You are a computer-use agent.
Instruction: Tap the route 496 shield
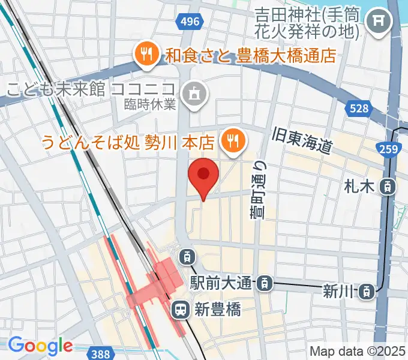[189, 22]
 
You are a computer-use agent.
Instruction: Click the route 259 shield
[388, 149]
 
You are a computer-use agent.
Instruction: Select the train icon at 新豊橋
[179, 310]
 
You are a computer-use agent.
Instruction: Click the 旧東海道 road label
[302, 140]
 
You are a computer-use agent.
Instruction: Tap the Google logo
[40, 345]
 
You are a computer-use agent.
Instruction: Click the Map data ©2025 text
[356, 351]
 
